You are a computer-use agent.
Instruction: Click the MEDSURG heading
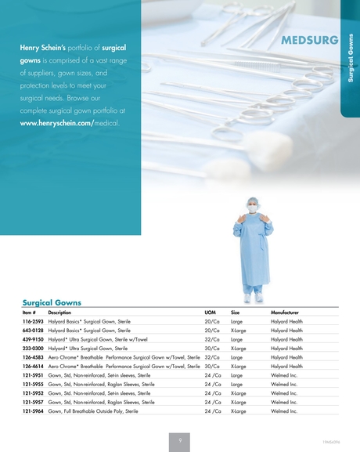(311, 40)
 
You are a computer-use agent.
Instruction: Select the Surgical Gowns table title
(52, 302)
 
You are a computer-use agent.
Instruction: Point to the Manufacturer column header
(284, 312)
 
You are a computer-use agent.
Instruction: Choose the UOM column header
(210, 312)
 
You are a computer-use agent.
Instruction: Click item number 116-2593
(32, 321)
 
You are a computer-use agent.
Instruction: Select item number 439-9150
(32, 339)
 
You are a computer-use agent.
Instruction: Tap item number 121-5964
(32, 410)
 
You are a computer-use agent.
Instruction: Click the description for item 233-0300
(88, 348)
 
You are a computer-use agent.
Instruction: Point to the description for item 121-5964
(93, 410)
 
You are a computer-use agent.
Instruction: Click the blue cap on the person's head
(253, 201)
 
